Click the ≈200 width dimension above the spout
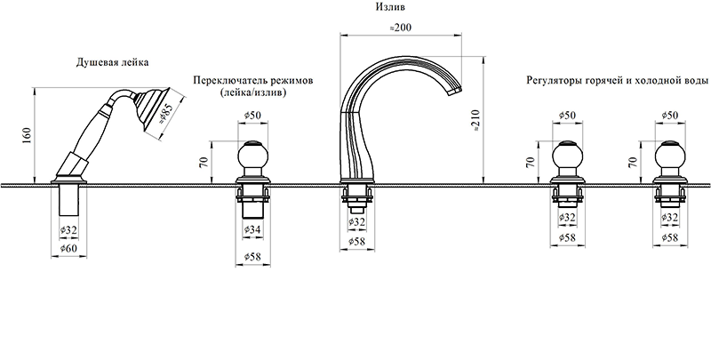pyautogui.click(x=401, y=28)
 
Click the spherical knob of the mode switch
pyautogui.click(x=252, y=160)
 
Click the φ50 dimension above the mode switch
pyautogui.click(x=252, y=116)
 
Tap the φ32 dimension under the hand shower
pyautogui.click(x=68, y=229)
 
